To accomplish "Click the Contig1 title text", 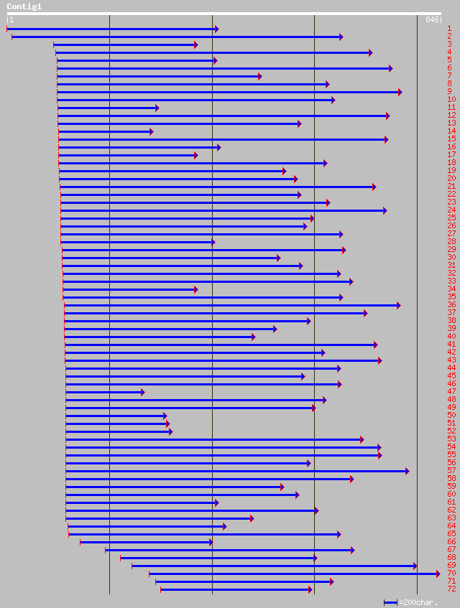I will pyautogui.click(x=24, y=6).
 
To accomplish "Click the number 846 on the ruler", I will pyautogui.click(x=432, y=19).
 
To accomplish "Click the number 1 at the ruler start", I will pyautogui.click(x=11, y=19).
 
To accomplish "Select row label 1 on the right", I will pyautogui.click(x=449, y=29).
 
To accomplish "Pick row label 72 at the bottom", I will pyautogui.click(x=451, y=589).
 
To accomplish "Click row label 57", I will pyautogui.click(x=451, y=471).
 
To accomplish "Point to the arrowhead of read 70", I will pyautogui.click(x=438, y=574).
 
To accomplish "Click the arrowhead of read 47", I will pyautogui.click(x=142, y=392).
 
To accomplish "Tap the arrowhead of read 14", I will pyautogui.click(x=151, y=131).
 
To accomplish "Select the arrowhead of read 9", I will pyautogui.click(x=400, y=92).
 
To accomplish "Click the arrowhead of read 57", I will pyautogui.click(x=407, y=471).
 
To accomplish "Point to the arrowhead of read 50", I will pyautogui.click(x=165, y=416).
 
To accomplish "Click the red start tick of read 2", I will pyautogui.click(x=11, y=37).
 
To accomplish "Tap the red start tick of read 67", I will pyautogui.click(x=106, y=550).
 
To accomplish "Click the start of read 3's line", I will pyautogui.click(x=54, y=45).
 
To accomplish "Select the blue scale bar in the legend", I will pyautogui.click(x=390, y=602).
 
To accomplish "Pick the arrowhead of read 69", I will pyautogui.click(x=415, y=566).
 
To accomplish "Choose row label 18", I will pyautogui.click(x=451, y=163).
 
